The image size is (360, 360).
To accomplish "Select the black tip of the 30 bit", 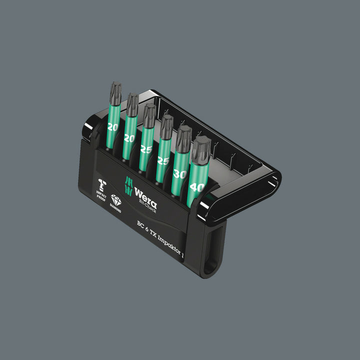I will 183,137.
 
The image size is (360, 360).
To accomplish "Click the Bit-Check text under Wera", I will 148,206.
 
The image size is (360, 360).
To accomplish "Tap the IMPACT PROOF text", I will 101,193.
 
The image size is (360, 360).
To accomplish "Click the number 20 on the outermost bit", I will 112,127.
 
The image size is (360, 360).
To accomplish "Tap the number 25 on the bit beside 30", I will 163,161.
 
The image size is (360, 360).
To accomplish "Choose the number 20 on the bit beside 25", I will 129,138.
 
